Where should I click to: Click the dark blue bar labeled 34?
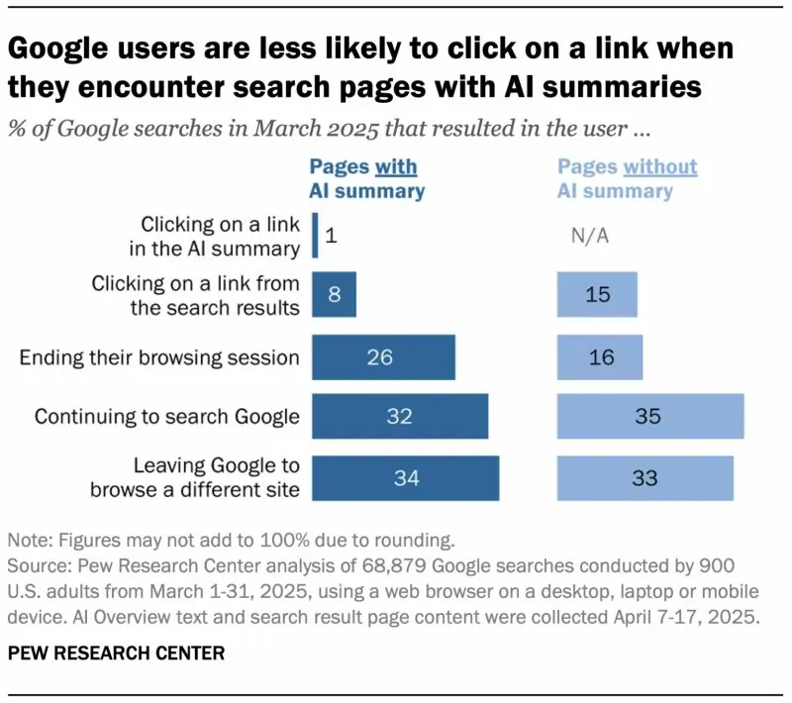(406, 478)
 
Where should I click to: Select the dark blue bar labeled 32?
(400, 417)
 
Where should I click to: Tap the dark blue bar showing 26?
(383, 356)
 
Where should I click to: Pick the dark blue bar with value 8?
(334, 295)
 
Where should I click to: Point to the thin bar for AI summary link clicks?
(315, 236)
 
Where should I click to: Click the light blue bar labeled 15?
(597, 295)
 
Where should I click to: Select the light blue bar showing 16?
(600, 356)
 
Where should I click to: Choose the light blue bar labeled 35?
(650, 417)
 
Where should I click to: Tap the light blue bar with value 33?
(645, 478)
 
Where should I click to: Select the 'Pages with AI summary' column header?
(365, 178)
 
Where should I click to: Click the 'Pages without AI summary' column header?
(628, 178)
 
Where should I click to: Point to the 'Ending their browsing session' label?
(159, 356)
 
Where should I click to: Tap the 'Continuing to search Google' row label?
(166, 417)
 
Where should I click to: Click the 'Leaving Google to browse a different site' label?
(194, 478)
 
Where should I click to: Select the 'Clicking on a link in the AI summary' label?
(219, 236)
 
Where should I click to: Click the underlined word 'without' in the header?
(658, 166)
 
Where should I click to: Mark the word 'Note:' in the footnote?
(31, 542)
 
